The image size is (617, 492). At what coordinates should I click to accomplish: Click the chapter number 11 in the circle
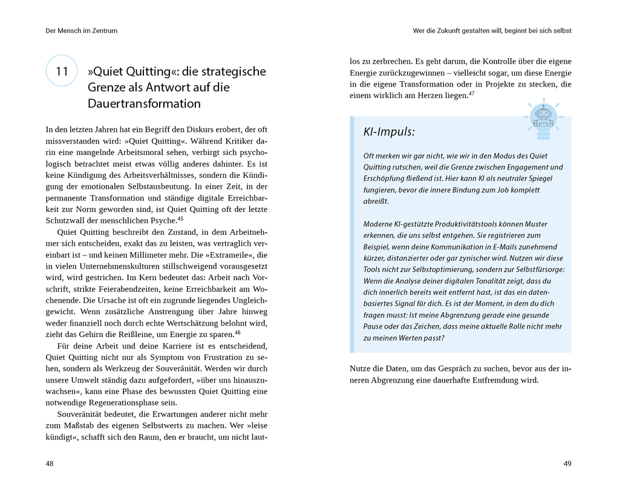click(x=62, y=71)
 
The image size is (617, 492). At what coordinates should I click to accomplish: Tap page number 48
click(x=50, y=464)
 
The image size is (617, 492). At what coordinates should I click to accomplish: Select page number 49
click(x=567, y=464)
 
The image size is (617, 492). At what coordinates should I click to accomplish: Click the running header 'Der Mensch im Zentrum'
click(x=82, y=30)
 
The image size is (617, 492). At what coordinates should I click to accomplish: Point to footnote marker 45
click(x=180, y=218)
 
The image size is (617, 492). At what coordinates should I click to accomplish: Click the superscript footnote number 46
click(x=238, y=332)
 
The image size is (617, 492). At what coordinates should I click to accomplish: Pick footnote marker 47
click(x=471, y=93)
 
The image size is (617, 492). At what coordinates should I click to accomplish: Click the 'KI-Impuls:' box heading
click(x=389, y=132)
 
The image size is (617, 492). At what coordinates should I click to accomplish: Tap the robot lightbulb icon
click(x=543, y=116)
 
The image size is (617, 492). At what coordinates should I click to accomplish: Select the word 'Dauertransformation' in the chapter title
click(x=144, y=103)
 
